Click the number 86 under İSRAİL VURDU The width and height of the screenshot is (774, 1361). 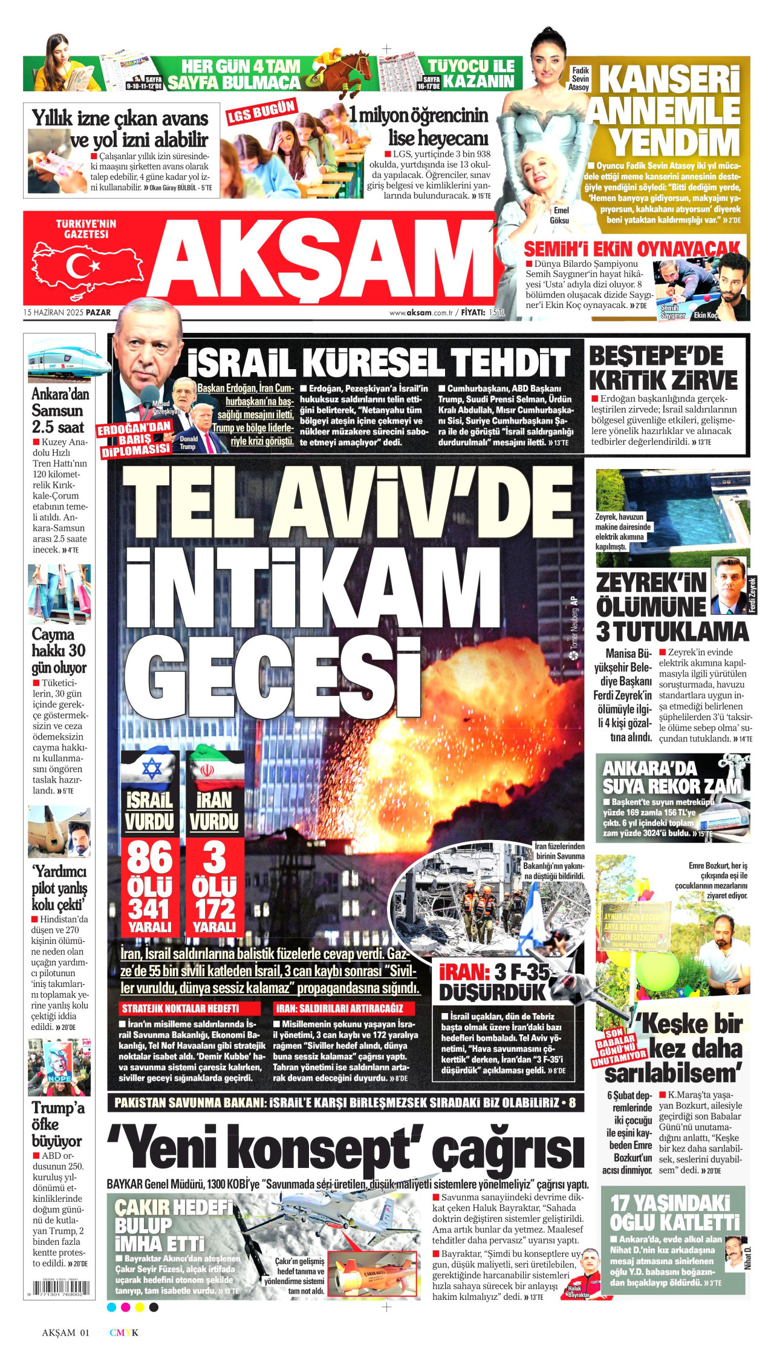coord(150,858)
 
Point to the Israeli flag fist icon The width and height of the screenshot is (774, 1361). coord(150,769)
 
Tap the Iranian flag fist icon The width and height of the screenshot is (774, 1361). coord(214,770)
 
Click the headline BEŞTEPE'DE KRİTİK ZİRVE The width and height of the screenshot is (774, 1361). coord(663,368)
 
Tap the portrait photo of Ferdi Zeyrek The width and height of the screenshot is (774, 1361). coord(730,584)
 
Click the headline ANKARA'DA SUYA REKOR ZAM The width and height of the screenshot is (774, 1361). coord(671,777)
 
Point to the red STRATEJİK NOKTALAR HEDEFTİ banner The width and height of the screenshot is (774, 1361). coord(190,1008)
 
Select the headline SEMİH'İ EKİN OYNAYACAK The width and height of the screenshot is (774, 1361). coord(631,249)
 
